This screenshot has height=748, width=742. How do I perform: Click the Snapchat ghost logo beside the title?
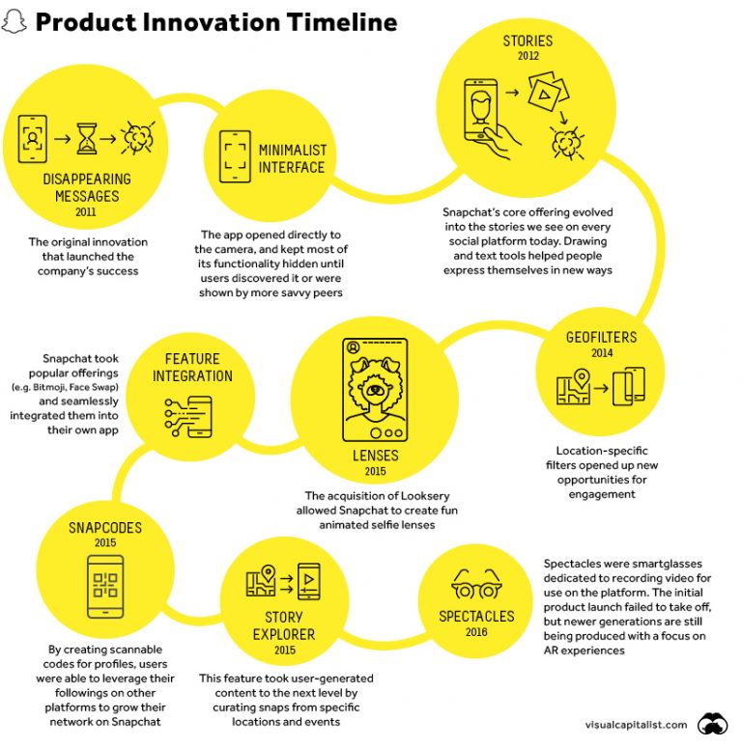click(x=14, y=21)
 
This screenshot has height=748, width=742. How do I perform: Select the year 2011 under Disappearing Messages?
click(x=87, y=212)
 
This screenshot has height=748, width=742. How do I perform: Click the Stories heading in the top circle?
click(x=528, y=42)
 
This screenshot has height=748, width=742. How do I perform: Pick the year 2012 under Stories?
click(x=528, y=57)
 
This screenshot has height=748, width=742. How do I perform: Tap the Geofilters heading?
click(x=600, y=337)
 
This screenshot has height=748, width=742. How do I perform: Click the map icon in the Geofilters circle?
click(x=573, y=389)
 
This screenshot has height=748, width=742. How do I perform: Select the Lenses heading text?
click(x=375, y=455)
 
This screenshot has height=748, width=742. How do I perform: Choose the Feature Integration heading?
click(x=193, y=368)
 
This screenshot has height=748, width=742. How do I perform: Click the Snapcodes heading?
click(x=105, y=528)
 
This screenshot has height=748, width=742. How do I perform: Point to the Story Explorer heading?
click(x=283, y=625)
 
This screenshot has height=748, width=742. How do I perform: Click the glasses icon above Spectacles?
click(x=475, y=585)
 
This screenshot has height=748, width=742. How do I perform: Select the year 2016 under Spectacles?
click(x=476, y=632)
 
